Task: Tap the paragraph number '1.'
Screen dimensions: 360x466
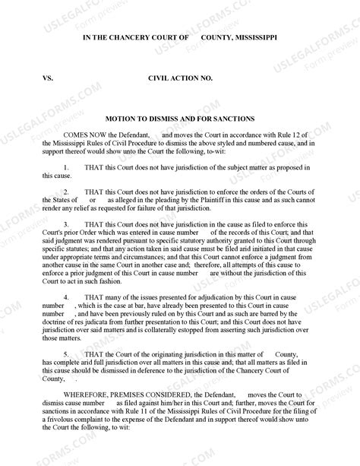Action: coord(66,166)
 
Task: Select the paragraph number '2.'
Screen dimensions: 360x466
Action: coord(66,192)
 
